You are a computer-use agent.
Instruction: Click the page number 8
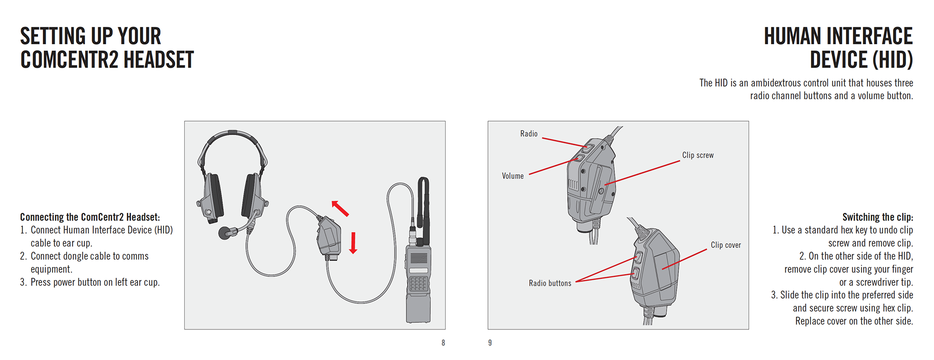click(x=443, y=343)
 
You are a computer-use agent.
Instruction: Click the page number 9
click(x=490, y=343)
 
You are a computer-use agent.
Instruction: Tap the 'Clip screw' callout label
click(x=698, y=155)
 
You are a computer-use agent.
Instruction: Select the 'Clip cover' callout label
click(x=726, y=245)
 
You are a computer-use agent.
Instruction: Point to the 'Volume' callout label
click(x=513, y=176)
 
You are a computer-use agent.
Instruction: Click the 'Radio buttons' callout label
click(x=550, y=283)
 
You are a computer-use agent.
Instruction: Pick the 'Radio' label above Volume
click(x=529, y=134)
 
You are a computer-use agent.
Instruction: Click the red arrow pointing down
click(x=353, y=243)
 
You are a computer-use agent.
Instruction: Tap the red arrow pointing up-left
click(x=340, y=208)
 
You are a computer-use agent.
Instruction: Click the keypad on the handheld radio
click(x=418, y=284)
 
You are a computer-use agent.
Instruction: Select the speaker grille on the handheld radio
click(x=418, y=257)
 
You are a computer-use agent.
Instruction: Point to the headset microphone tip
click(x=225, y=233)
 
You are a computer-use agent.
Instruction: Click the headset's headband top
click(x=233, y=133)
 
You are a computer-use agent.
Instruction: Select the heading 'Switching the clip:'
click(x=878, y=217)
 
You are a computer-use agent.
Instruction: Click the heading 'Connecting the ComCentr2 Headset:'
click(x=90, y=217)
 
